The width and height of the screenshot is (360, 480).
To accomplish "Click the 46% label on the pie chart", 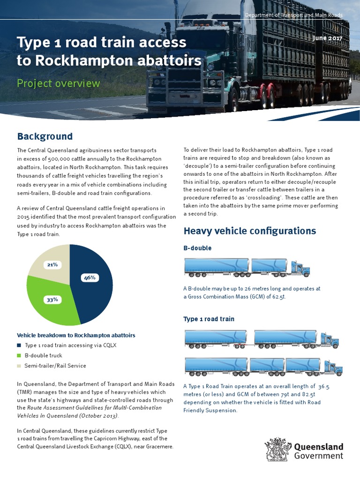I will (90, 277).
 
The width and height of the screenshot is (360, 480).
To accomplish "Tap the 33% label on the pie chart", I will (52, 300).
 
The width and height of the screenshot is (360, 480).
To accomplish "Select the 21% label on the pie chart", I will (52, 265).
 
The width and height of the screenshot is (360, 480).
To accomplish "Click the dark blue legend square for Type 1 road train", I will (19, 345).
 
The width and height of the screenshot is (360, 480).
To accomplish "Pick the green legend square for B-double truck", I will (19, 355).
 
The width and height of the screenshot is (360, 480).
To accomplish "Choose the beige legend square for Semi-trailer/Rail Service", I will (19, 366).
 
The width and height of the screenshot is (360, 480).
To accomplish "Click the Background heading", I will (45, 136).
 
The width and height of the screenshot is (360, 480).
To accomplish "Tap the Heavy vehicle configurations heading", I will (249, 231).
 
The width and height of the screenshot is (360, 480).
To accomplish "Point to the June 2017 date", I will (328, 37).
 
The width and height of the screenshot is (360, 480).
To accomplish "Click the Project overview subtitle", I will (58, 83).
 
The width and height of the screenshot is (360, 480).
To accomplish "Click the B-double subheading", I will (197, 248).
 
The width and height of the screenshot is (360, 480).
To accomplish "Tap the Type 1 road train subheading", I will (209, 319).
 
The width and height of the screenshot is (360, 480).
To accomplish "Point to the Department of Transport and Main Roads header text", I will (294, 15).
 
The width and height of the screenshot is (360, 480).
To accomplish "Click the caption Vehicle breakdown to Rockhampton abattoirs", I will (76, 335).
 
